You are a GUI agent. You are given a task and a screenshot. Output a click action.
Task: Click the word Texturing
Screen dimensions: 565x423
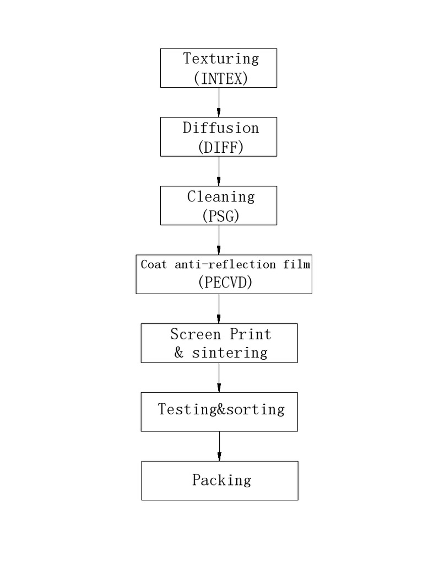pos(221,59)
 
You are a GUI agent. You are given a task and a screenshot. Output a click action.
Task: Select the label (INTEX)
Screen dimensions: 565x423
pos(221,78)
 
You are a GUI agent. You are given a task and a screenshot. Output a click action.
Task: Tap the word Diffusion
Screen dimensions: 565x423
pos(221,128)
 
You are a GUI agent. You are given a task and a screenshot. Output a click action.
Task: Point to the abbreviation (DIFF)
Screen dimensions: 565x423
pos(221,147)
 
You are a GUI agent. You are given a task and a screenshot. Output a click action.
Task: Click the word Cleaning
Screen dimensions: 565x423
pos(221,197)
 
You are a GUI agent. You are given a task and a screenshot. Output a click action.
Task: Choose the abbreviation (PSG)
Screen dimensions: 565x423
pos(221,216)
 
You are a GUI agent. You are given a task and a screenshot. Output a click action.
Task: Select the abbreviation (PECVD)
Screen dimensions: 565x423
pos(225,282)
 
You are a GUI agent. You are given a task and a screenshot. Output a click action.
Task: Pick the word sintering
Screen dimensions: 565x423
pos(230,353)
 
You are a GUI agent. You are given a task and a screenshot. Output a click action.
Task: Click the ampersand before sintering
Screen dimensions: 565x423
pos(179,353)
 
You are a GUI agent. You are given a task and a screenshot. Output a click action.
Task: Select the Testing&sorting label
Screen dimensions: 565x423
pos(221,409)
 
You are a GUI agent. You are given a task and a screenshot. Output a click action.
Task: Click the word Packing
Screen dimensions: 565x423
pos(221,480)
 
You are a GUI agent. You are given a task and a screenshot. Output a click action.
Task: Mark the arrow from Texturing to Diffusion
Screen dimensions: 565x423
pos(219,102)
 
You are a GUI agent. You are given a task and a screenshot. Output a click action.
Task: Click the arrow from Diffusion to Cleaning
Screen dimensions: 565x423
pos(219,171)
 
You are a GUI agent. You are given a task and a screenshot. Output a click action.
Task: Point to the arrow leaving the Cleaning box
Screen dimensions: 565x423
pos(219,240)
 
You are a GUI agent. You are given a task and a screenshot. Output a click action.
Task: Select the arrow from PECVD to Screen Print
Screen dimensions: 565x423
pos(219,308)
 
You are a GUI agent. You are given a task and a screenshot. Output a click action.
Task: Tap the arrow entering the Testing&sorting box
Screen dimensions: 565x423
pos(219,377)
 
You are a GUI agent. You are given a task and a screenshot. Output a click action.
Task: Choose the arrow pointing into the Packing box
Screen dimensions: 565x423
pos(219,446)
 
